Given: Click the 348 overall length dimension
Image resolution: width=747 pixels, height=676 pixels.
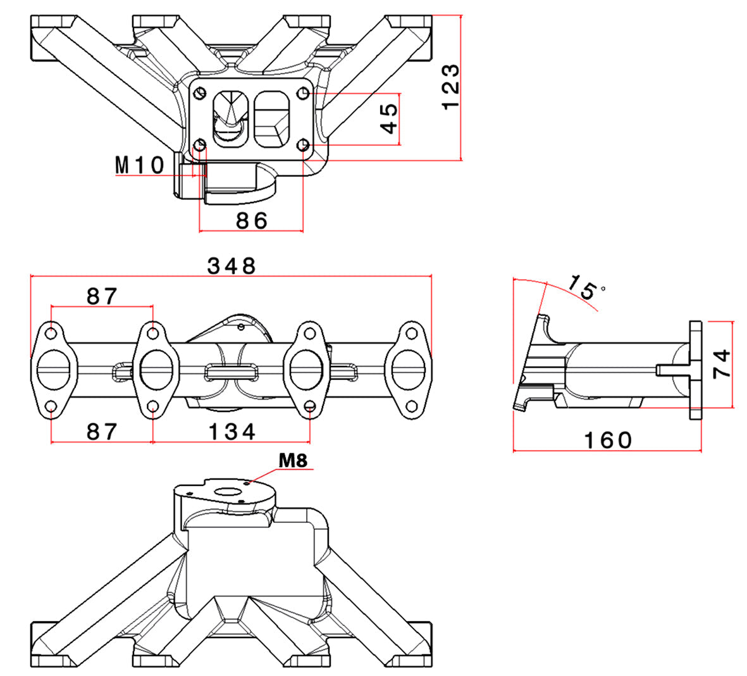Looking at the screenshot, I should (x=232, y=266).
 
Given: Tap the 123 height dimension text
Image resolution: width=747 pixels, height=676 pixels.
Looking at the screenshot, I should (x=452, y=87).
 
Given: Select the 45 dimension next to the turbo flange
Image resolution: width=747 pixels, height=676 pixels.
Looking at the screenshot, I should (x=390, y=118).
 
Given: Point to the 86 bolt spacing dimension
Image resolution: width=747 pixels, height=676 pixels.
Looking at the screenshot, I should (x=252, y=220).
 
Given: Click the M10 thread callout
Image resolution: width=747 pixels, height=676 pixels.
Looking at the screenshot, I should (x=140, y=165).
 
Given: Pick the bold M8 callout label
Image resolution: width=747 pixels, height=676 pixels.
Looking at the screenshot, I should (x=293, y=461).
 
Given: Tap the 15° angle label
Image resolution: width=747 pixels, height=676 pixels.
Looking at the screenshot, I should (x=584, y=288).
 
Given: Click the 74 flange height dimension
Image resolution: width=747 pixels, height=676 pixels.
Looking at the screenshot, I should (x=722, y=363).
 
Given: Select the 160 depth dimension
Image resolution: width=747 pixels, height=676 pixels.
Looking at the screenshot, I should (x=607, y=440).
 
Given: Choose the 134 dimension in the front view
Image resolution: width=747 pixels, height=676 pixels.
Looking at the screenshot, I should (x=232, y=432).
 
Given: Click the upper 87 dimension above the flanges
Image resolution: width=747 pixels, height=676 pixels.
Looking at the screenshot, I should (x=102, y=296).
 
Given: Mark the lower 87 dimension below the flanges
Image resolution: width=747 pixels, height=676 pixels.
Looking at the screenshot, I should (x=102, y=432).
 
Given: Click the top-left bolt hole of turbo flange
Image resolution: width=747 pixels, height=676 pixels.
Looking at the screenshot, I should (x=201, y=93).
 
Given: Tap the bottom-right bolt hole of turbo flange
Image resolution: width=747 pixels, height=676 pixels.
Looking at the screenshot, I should (x=304, y=146).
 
